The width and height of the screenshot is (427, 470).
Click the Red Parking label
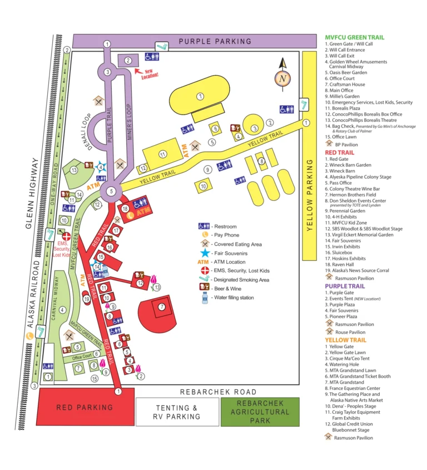point(85,407)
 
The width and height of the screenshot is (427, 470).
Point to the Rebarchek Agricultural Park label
point(260,412)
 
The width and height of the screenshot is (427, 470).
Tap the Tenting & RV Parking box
point(177,412)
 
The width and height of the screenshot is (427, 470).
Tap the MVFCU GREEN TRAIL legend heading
point(354,37)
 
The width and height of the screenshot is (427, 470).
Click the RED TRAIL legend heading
point(339,152)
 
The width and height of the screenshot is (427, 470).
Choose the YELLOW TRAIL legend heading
point(345,340)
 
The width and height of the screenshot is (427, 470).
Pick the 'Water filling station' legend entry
point(232,298)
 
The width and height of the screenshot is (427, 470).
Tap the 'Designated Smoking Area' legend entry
point(240,280)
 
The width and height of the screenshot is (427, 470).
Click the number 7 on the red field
point(162,306)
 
